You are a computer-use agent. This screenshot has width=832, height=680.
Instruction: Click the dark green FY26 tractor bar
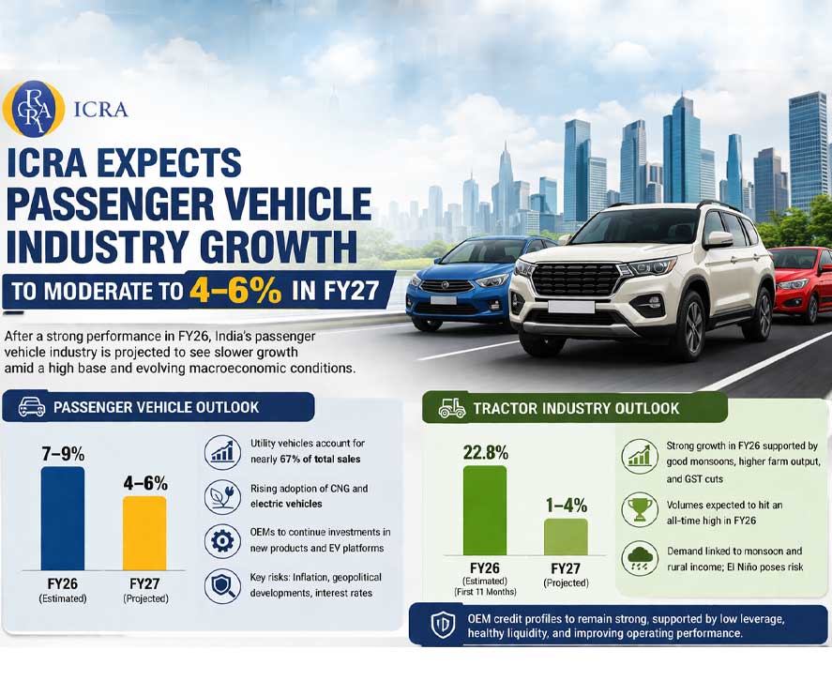tap(484, 510)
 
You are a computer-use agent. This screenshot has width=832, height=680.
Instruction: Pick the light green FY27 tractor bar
tap(566, 536)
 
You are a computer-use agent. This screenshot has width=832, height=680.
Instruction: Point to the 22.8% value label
tap(485, 452)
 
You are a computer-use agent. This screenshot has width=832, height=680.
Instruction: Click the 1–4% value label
tap(567, 505)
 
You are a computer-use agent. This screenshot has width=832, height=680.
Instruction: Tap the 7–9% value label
tap(62, 453)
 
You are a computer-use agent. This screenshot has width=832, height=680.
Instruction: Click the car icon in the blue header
tap(30, 407)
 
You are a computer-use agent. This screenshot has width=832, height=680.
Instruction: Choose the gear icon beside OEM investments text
tap(222, 540)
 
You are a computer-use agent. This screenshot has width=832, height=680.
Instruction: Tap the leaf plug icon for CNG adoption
tap(222, 496)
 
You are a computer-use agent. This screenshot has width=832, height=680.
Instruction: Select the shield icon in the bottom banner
tap(442, 626)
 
